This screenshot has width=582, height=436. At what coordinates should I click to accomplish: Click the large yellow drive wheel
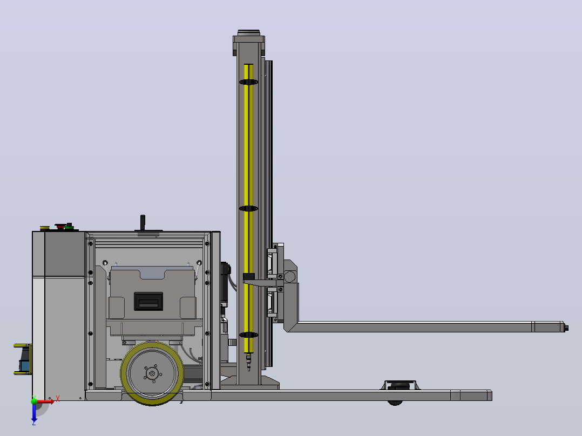152,373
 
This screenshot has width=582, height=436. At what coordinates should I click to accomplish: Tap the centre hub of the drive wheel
152,373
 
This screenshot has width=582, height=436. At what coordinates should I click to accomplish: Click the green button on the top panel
69,227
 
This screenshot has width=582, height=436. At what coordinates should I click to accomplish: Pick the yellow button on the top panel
44,228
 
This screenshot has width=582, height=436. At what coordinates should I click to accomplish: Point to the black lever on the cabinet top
143,223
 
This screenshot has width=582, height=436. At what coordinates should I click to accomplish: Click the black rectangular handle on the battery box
148,301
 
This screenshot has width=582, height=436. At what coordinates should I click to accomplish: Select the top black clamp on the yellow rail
248,82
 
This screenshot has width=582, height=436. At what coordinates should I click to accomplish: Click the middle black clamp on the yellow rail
248,208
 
